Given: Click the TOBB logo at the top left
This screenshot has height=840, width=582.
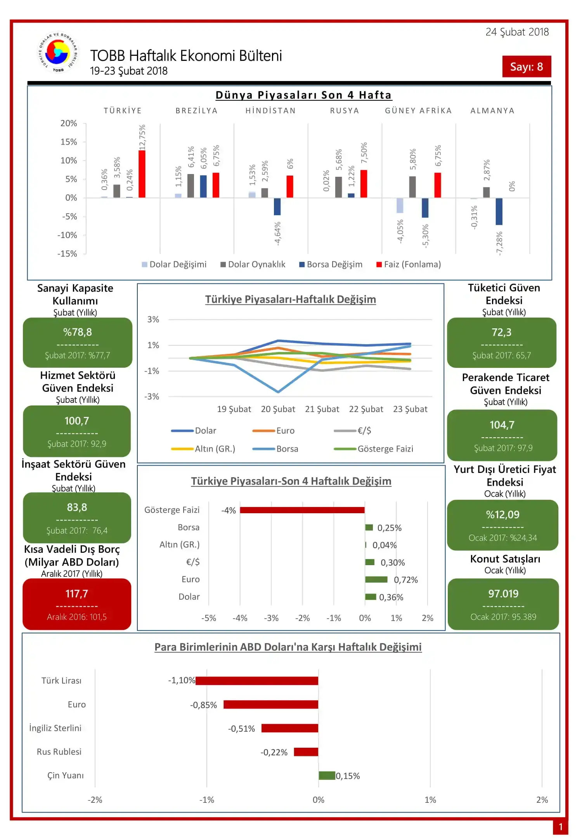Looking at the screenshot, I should pos(58,52).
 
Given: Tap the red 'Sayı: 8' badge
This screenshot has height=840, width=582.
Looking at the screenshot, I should pos(526,67).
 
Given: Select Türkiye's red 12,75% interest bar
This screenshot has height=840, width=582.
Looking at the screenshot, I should pos(142,174).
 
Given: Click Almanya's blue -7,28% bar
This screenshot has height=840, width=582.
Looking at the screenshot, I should pos(499,211).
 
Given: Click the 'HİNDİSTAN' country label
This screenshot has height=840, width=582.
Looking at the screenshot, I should pos(270,111).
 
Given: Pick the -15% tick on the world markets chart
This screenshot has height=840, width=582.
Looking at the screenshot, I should pos(68,254).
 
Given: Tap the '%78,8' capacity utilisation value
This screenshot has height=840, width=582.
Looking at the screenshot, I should pos(78,332).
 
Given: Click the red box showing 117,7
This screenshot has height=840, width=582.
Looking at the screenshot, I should pos(77,604).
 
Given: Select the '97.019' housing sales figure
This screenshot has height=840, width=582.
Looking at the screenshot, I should pos(503,593).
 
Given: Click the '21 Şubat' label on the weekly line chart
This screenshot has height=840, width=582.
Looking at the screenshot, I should pos(322,409).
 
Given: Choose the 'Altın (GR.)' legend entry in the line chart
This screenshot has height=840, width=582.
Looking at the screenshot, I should pos(203,449).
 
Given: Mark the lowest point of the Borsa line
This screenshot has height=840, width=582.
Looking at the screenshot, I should pos(278,392).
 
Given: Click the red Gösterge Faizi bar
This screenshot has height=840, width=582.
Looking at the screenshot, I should pos(302,510).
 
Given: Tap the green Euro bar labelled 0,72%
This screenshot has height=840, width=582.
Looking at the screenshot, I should pos(376,580).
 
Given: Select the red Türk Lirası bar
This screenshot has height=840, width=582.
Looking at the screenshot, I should pos(257,681).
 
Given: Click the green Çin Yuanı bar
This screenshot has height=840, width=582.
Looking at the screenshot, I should pos(327,776).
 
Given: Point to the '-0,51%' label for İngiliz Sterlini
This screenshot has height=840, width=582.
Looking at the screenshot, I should pos(241,729).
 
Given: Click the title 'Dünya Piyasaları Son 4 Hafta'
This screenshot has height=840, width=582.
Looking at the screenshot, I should pos(303,95).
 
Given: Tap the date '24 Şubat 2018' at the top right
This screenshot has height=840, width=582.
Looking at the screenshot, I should pos(517,32).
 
